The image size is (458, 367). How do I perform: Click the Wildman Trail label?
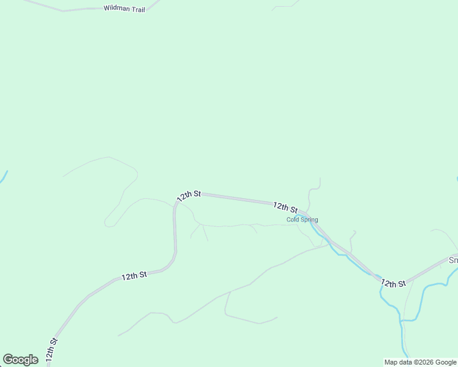124,9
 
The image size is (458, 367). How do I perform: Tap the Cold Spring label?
302,220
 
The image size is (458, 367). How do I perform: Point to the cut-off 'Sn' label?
454,260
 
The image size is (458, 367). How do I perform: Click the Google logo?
20,360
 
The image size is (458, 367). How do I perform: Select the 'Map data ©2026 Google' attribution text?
421,362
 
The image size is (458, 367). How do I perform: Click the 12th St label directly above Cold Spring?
285,207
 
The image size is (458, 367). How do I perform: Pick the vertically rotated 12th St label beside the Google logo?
51,350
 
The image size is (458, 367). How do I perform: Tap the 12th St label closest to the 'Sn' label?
393,283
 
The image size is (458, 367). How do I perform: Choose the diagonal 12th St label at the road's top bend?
189,196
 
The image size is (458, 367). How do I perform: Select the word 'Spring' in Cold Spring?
309,220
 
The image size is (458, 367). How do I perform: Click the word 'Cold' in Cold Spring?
293,220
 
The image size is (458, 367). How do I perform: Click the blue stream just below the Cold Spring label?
321,235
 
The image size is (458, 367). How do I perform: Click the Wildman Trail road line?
73,10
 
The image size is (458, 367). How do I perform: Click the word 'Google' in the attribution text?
445,362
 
